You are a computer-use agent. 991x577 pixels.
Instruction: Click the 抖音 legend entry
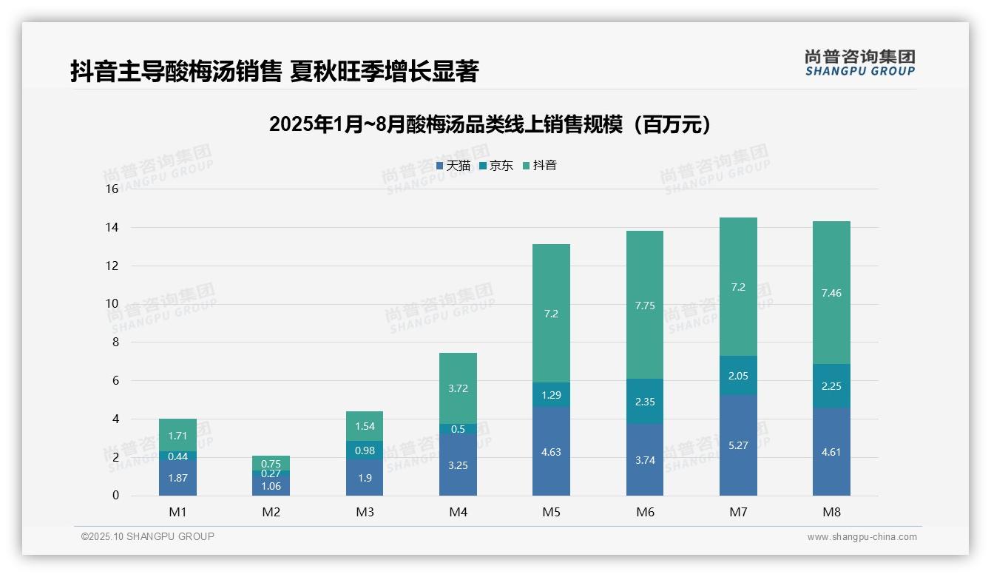point(539,166)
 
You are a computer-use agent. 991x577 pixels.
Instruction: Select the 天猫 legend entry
point(453,166)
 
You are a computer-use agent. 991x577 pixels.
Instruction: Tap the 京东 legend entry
point(495,166)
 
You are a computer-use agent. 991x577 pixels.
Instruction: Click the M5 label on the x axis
point(551,512)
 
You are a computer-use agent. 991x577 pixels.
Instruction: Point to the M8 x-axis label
point(831,512)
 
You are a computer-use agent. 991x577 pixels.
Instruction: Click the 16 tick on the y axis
point(112,189)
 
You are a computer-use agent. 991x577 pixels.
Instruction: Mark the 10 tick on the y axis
point(112,303)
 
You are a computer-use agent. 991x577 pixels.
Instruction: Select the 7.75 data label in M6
point(645,306)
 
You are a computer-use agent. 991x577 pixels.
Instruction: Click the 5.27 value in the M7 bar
point(738,445)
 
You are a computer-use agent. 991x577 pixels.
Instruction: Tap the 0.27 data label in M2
point(271,473)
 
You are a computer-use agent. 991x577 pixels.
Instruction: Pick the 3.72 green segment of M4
point(458,388)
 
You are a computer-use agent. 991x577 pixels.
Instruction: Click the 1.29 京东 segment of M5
point(551,395)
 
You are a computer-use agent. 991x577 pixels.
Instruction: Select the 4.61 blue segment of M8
point(831,452)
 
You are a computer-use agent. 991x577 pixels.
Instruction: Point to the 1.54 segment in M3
point(365,426)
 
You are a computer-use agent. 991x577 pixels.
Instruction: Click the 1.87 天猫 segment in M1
point(177,478)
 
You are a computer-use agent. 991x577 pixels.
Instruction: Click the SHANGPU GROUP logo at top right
point(859,63)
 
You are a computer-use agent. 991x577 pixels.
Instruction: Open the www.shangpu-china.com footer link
point(862,537)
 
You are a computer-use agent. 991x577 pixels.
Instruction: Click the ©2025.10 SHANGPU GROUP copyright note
point(148,536)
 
